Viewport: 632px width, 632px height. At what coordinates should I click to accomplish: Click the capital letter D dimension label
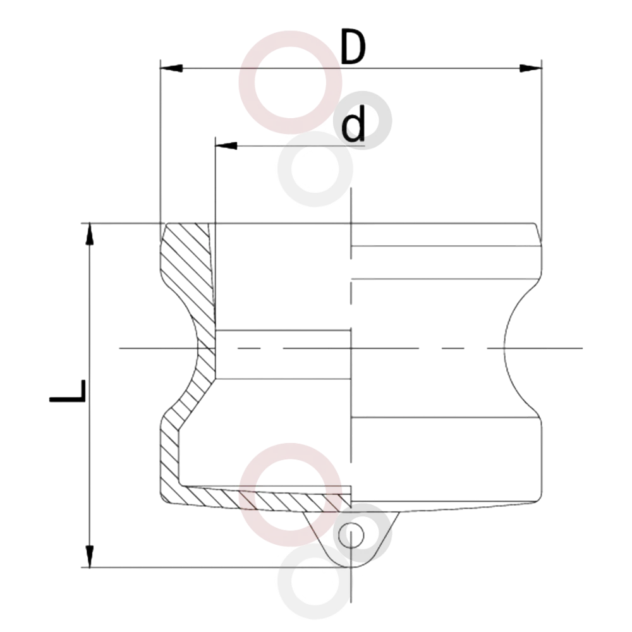pyautogui.click(x=353, y=47)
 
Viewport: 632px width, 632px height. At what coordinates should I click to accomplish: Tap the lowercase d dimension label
pyautogui.click(x=353, y=123)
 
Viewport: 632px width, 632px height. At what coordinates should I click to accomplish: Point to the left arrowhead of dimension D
pyautogui.click(x=171, y=68)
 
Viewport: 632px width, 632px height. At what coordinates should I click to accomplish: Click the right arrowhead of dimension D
pyautogui.click(x=530, y=68)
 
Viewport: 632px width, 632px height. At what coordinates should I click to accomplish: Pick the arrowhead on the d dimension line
pyautogui.click(x=226, y=145)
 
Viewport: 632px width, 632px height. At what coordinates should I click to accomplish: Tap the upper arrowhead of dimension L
pyautogui.click(x=90, y=234)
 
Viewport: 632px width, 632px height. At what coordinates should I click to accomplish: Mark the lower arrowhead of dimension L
pyautogui.click(x=90, y=556)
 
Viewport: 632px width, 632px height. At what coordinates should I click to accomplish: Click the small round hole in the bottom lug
pyautogui.click(x=351, y=535)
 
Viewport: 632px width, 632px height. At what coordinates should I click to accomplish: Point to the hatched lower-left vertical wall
pyautogui.click(x=169, y=456)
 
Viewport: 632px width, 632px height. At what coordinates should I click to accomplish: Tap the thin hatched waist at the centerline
pyautogui.click(x=207, y=348)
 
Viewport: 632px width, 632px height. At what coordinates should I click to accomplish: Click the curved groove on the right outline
pyautogui.click(x=504, y=348)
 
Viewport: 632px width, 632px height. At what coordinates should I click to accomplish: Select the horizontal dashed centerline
pyautogui.click(x=351, y=348)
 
